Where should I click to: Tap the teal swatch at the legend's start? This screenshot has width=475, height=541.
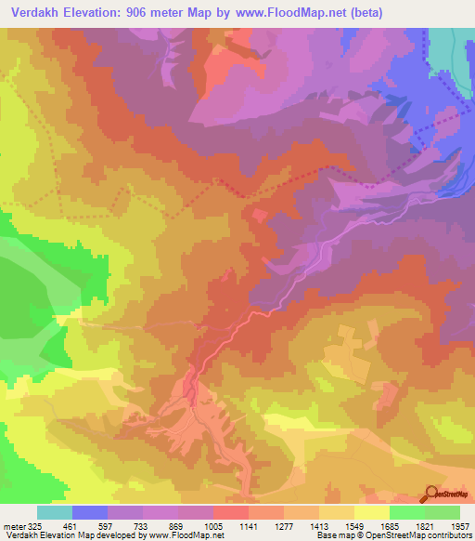coord(55,512)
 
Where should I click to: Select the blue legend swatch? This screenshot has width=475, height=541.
coord(90,512)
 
